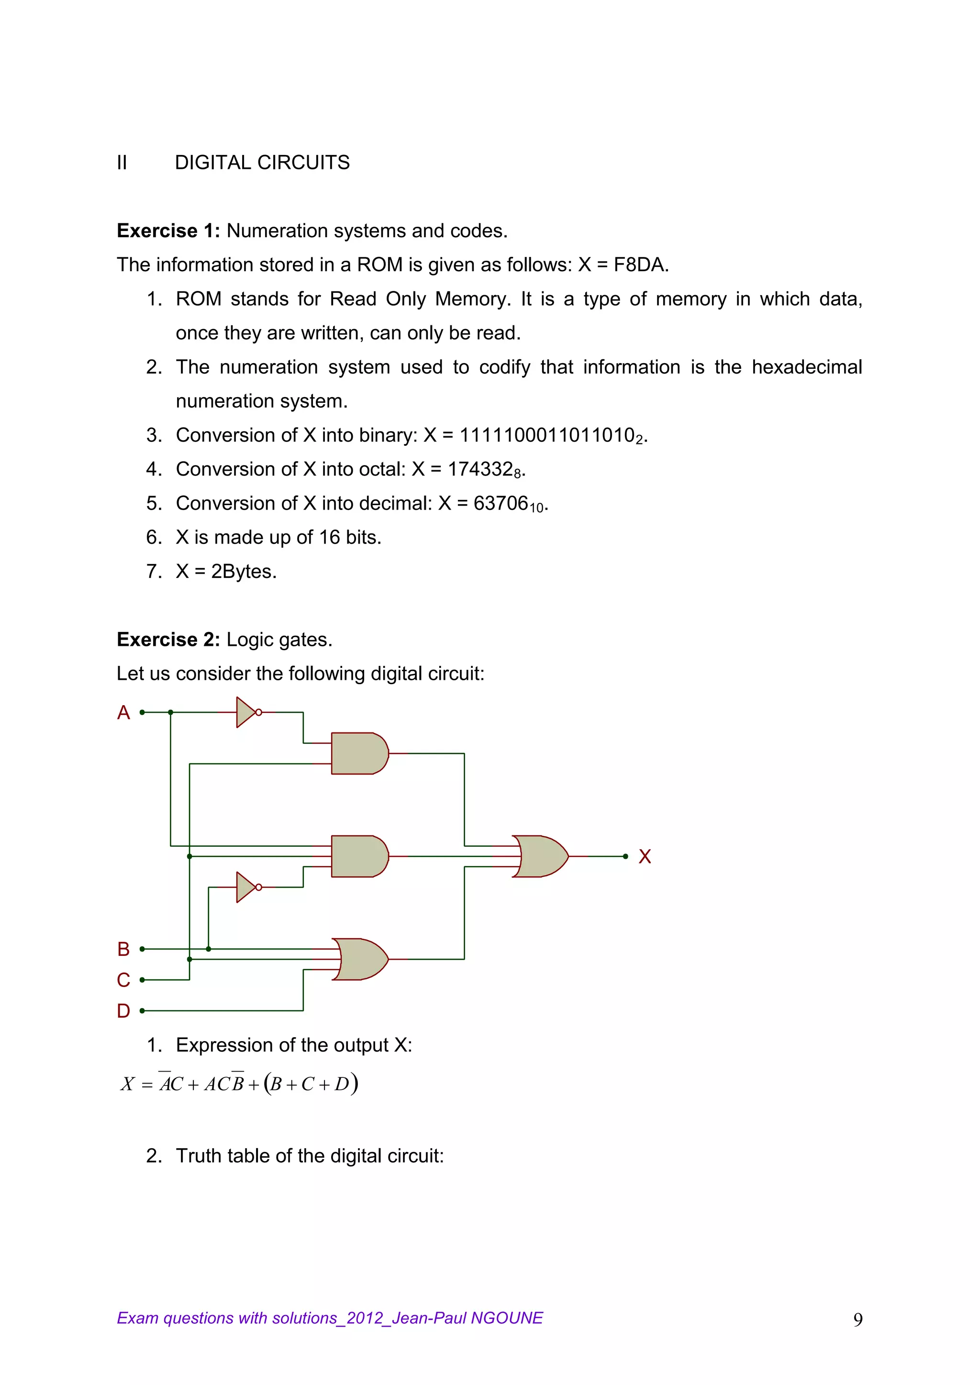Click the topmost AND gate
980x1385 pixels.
(x=358, y=753)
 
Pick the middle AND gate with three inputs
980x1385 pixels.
(x=358, y=856)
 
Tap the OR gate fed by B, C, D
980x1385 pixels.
(x=360, y=959)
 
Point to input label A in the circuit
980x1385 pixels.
(x=124, y=713)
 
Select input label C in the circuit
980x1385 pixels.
(x=124, y=980)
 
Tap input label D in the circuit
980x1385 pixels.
(x=124, y=1011)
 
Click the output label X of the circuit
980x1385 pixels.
(x=645, y=856)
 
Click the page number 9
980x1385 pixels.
(x=857, y=1320)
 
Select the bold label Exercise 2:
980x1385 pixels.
(x=168, y=640)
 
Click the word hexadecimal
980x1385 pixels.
(x=806, y=367)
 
